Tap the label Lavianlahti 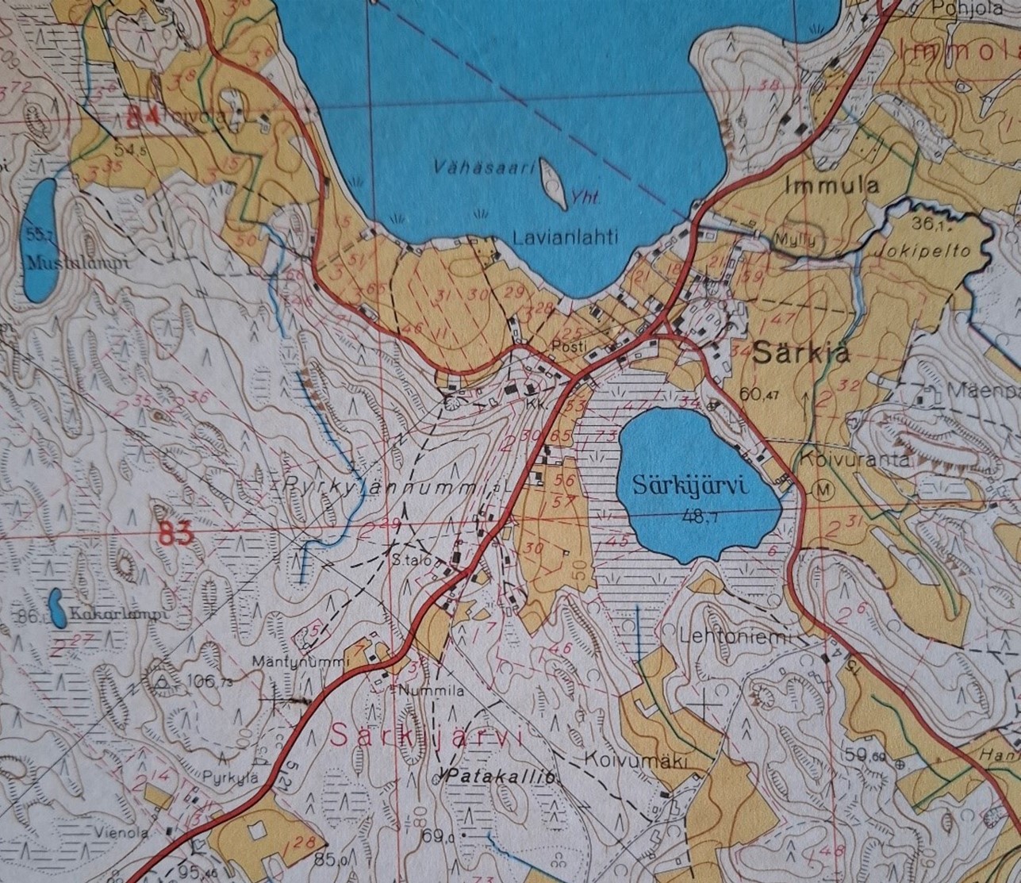pos(565,236)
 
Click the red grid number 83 pos(175,535)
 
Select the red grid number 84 pos(143,117)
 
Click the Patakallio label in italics pos(500,777)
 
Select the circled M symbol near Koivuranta pos(824,490)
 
